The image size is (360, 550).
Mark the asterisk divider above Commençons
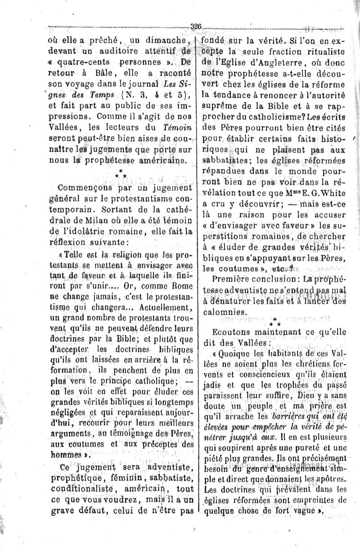click(x=121, y=174)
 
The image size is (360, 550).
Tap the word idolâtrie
click(x=90, y=231)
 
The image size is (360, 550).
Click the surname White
click(x=330, y=192)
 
